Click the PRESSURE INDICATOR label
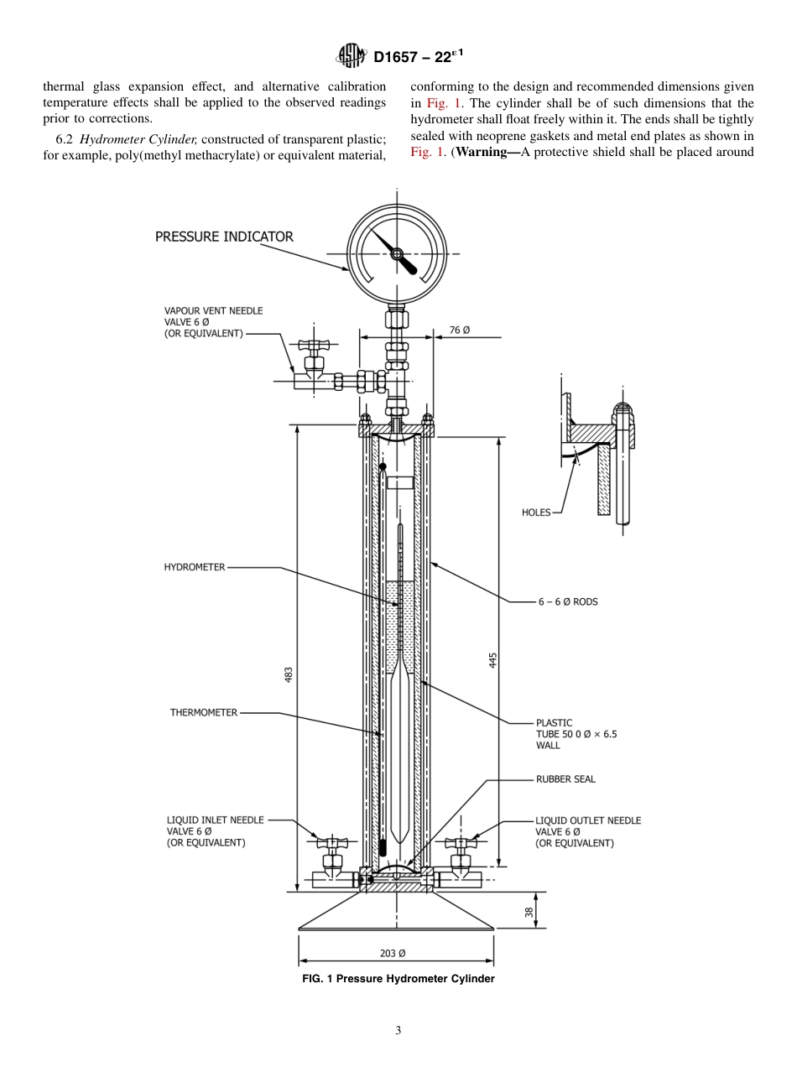click(224, 237)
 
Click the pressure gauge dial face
click(396, 252)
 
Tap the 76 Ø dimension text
click(460, 331)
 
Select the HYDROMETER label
click(194, 567)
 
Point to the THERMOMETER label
click(203, 713)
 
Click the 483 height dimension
click(289, 674)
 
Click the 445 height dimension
click(493, 659)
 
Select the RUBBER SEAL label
click(565, 779)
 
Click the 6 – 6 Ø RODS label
click(568, 601)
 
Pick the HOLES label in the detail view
click(536, 513)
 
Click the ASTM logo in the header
click(352, 56)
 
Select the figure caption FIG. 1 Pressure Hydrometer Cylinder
click(398, 979)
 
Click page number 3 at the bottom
click(398, 1031)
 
